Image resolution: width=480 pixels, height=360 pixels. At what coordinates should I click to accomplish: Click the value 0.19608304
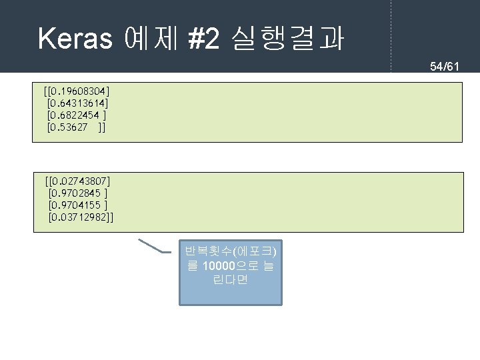coord(79,90)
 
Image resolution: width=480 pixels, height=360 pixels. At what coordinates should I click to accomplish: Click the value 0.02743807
coord(81,181)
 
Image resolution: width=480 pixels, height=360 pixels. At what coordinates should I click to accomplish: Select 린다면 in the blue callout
coord(230,280)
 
